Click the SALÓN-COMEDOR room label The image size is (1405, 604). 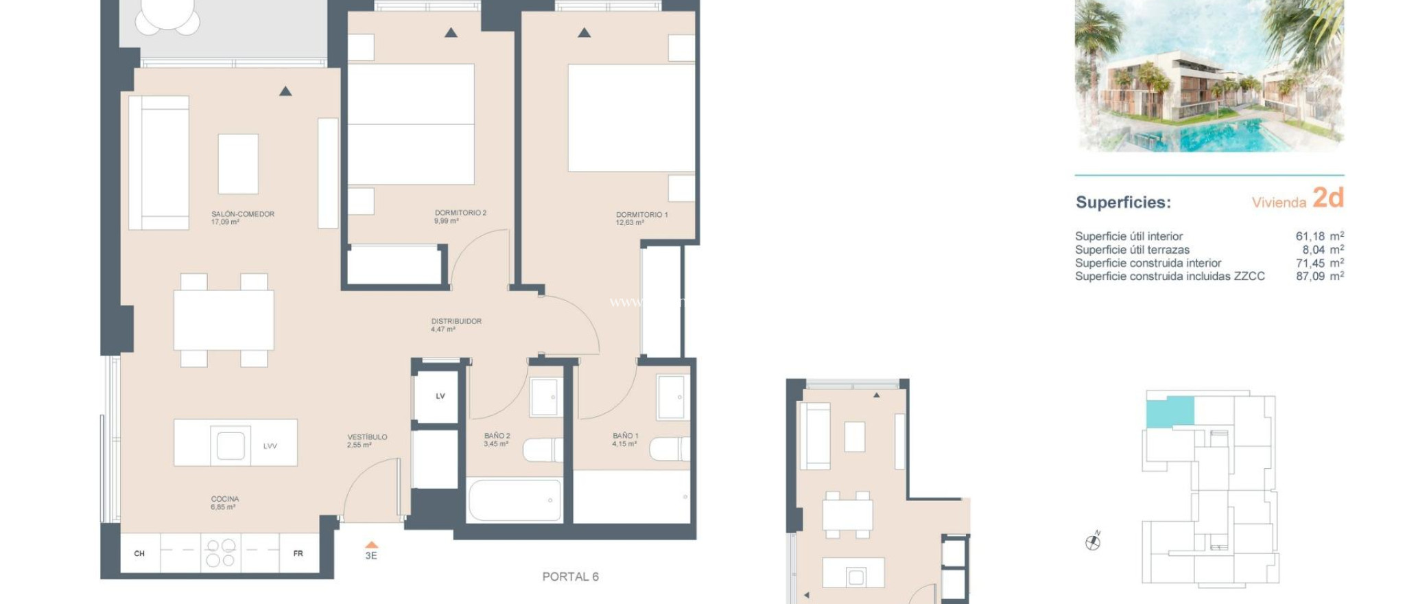click(x=242, y=214)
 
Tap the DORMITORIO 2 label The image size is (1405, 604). click(x=460, y=213)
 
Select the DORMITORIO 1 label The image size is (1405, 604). click(x=641, y=215)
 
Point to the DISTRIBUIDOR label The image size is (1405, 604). click(x=456, y=321)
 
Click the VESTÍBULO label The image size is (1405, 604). click(x=367, y=437)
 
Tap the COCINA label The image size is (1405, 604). click(x=225, y=499)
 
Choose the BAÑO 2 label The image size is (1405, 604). click(x=497, y=436)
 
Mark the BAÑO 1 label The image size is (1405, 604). click(x=625, y=436)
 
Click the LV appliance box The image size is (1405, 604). click(x=440, y=396)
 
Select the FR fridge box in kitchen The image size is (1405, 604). click(x=298, y=553)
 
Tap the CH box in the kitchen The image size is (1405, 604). click(x=139, y=553)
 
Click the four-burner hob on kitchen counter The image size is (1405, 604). click(x=221, y=553)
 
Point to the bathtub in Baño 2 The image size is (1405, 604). click(x=515, y=500)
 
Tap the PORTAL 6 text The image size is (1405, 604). click(x=570, y=577)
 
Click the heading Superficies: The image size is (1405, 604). click(x=1123, y=202)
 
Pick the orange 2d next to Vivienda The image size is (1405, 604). click(x=1327, y=198)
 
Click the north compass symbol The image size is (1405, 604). click(x=1093, y=542)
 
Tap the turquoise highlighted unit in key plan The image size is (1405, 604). click(x=1170, y=412)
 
